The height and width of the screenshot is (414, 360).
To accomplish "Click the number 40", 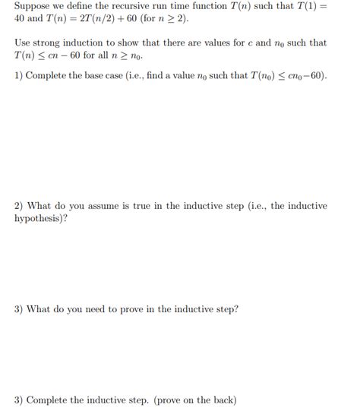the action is pyautogui.click(x=22, y=19).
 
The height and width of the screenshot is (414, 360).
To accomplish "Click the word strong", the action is pyautogui.click(x=47, y=43).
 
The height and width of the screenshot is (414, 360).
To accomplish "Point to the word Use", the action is pyautogui.click(x=23, y=43).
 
